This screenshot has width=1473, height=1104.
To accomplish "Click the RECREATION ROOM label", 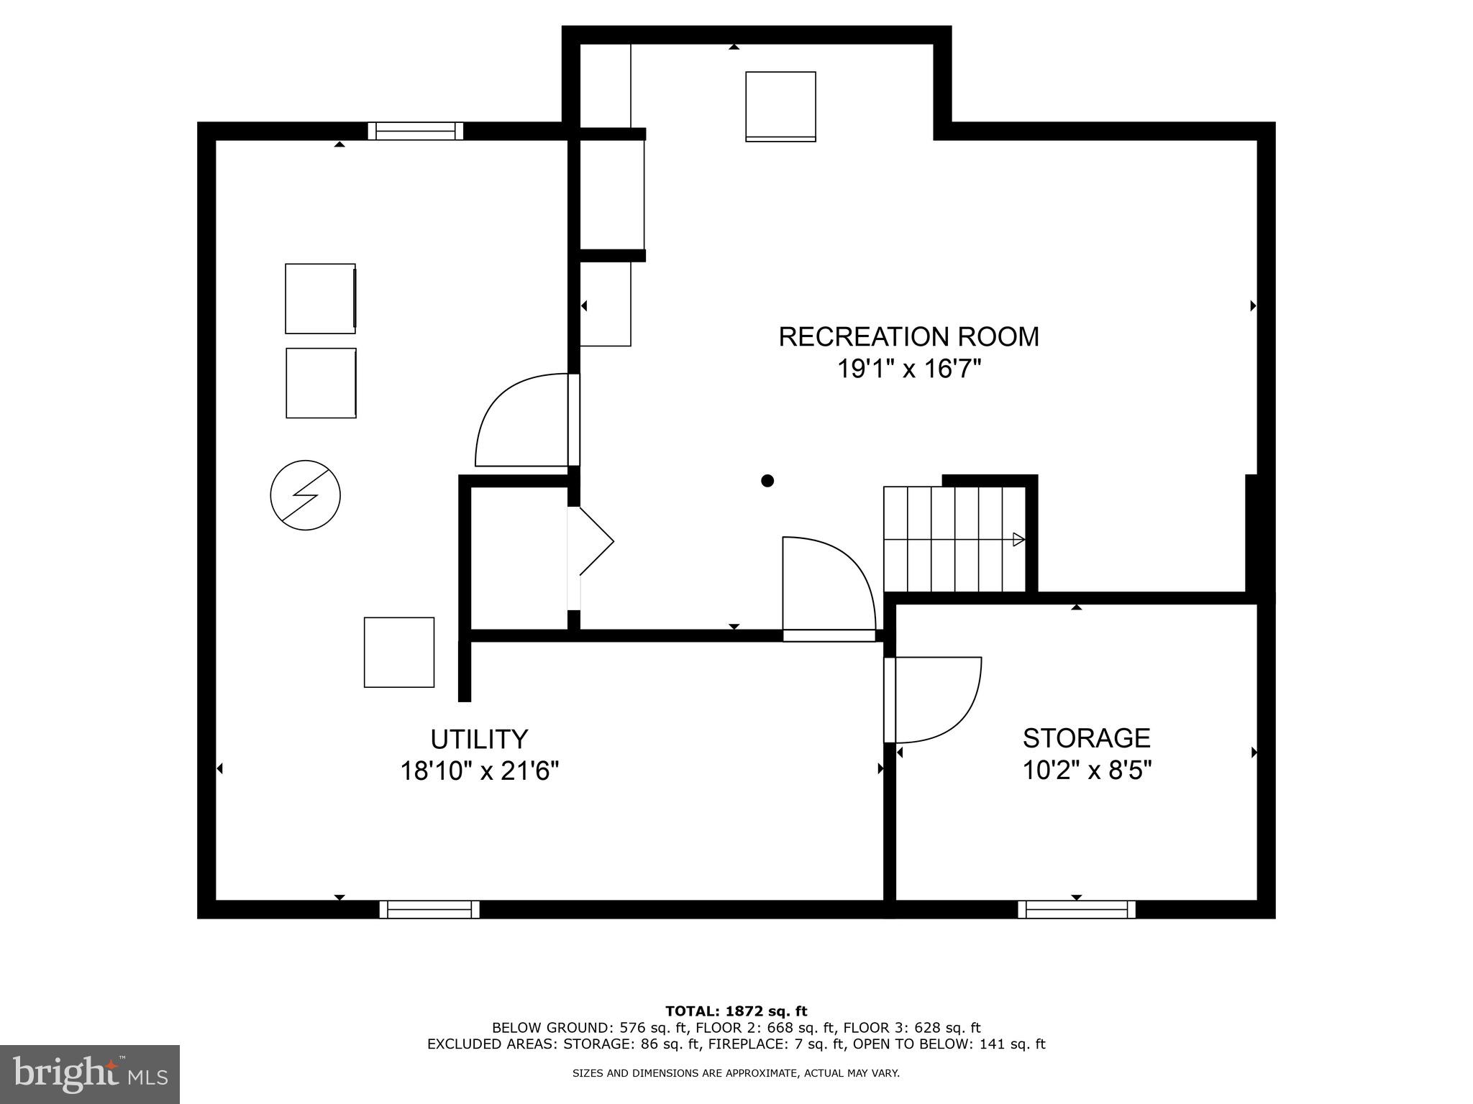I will pos(908,337).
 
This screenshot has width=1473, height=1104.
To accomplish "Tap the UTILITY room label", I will pos(479,739).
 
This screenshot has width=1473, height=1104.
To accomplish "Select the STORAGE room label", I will pos(1086,738).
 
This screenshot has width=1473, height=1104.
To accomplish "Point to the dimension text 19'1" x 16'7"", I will pos(909,369).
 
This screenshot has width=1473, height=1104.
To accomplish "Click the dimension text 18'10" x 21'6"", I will pos(480,771).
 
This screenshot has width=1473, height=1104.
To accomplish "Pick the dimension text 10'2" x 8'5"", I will pos(1087,770).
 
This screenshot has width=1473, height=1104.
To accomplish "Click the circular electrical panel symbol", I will pos(305,495).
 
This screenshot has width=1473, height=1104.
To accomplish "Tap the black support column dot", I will pos(767,481).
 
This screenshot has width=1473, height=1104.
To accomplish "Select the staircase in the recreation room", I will pos(954,539).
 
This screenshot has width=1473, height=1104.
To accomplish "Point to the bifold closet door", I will pos(594,543).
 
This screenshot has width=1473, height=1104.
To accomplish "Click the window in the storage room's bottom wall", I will pos(1077,909).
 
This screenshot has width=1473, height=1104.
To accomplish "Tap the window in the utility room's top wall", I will pos(416,131).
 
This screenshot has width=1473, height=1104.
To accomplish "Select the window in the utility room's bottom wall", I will pos(429,909).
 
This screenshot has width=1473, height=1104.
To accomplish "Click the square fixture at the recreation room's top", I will pos(780,106).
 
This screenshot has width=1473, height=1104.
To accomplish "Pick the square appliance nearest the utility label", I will pos(399,652).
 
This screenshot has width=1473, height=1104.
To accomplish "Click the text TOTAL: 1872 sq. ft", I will pos(736,1012).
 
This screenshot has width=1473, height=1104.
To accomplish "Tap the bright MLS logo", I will pos(90,1074).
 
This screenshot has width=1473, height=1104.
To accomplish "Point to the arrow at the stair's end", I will pos(1018,539).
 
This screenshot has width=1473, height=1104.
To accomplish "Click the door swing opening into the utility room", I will pos(521,420).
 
